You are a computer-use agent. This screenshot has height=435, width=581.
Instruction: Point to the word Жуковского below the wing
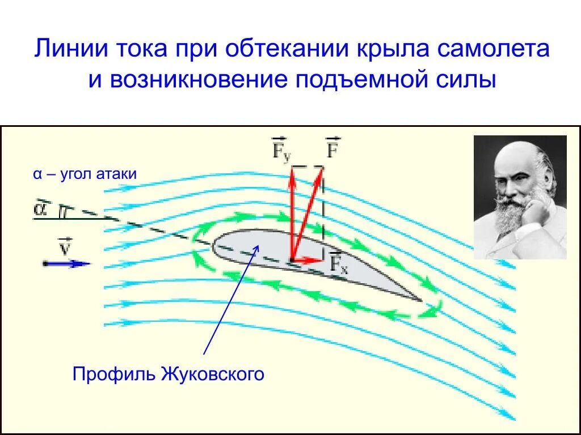(213, 374)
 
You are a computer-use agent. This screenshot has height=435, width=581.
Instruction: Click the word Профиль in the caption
(114, 374)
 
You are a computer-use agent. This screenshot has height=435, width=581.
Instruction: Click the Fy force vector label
(281, 150)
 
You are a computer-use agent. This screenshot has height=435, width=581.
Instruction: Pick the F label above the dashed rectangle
(332, 147)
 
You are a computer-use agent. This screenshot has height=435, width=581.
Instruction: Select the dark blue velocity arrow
(67, 264)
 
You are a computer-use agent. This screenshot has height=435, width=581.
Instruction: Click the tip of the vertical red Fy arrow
(293, 168)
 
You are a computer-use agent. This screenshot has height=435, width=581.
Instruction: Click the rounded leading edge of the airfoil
(214, 246)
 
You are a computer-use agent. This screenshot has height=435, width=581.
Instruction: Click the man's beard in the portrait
(512, 210)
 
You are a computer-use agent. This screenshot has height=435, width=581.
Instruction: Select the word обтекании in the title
(287, 49)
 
